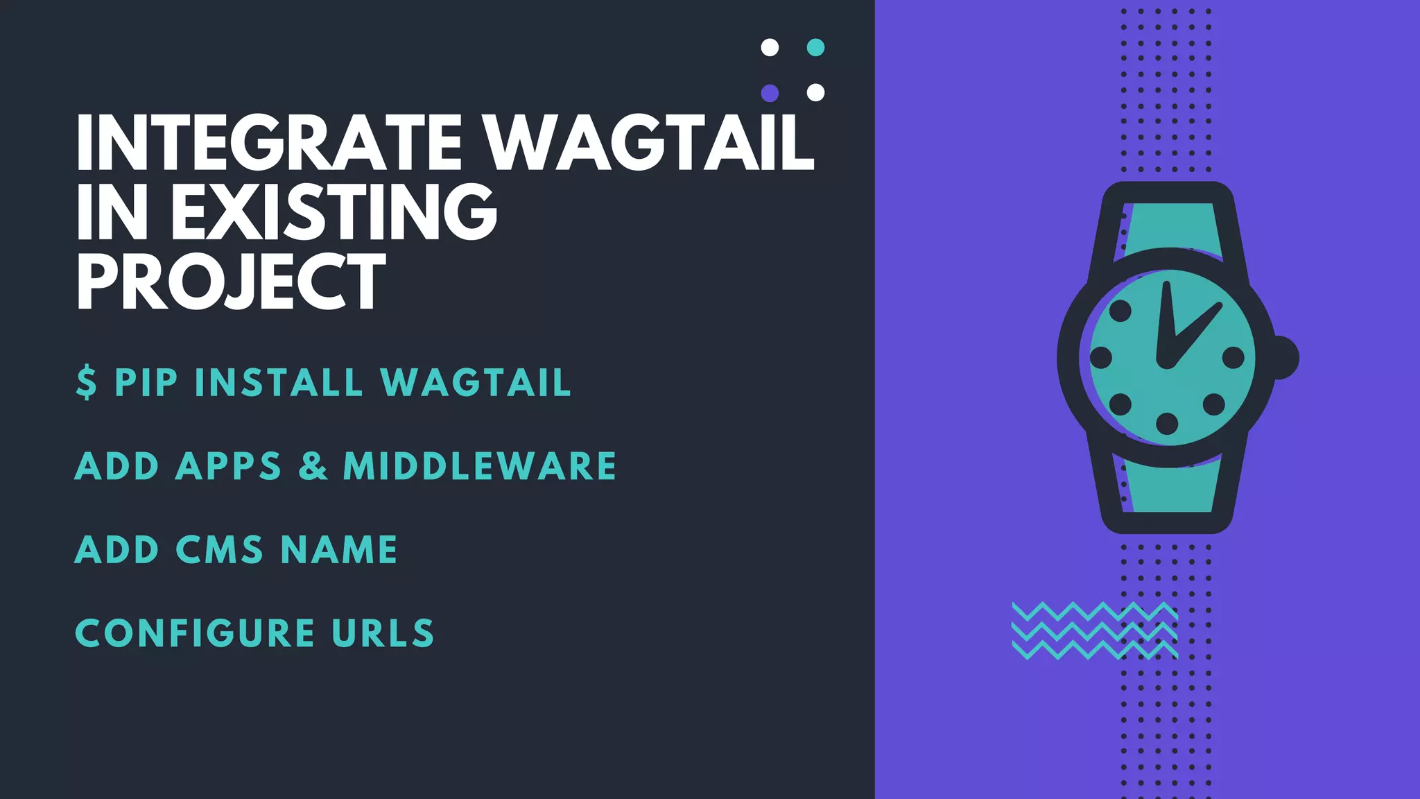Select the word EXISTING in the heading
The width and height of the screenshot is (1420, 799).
click(x=334, y=212)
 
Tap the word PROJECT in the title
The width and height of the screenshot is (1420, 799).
click(x=231, y=281)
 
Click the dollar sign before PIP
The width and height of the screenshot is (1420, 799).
click(x=86, y=383)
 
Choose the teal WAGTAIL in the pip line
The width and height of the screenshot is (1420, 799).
click(x=476, y=383)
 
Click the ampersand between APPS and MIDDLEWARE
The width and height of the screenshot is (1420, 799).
click(x=313, y=466)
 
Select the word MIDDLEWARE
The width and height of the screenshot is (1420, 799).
click(x=480, y=466)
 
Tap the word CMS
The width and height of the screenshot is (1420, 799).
click(x=219, y=550)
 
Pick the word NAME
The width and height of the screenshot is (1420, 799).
click(x=339, y=550)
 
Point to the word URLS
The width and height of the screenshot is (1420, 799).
click(x=383, y=633)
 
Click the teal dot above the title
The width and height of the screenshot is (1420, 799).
click(x=816, y=47)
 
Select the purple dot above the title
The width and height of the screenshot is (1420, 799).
click(x=770, y=92)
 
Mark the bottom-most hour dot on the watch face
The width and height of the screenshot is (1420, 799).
click(x=1168, y=423)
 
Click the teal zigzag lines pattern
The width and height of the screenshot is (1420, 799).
click(x=1094, y=630)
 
